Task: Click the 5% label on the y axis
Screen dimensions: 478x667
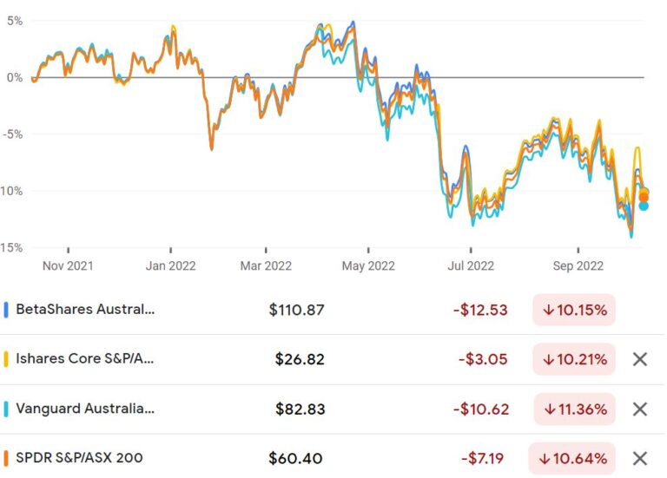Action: [x=13, y=20]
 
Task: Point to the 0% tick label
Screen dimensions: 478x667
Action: [x=13, y=77]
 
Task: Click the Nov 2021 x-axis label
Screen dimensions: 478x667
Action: [x=66, y=265]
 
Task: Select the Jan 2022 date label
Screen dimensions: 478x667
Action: [x=170, y=265]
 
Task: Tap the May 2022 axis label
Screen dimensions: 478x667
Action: [x=367, y=265]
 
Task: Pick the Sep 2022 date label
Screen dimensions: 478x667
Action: [x=578, y=265]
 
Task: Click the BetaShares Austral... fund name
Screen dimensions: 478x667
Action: [x=85, y=309]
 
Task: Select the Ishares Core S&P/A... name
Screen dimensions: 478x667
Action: [x=85, y=359]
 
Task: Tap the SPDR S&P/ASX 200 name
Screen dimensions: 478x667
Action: [x=79, y=458]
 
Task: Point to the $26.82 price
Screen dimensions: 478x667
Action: [x=300, y=359]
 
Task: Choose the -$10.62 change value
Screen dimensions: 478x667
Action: [x=480, y=409]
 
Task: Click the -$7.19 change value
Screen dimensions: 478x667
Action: [x=484, y=458]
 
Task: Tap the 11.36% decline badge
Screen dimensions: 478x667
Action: [x=574, y=409]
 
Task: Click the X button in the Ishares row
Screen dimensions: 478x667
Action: [x=640, y=359]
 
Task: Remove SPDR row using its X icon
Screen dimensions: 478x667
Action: [x=640, y=458]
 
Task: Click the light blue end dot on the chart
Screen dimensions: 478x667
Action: [x=644, y=206]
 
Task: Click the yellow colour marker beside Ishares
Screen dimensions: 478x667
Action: [x=6, y=359]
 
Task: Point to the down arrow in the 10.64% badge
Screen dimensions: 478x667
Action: [x=548, y=458]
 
